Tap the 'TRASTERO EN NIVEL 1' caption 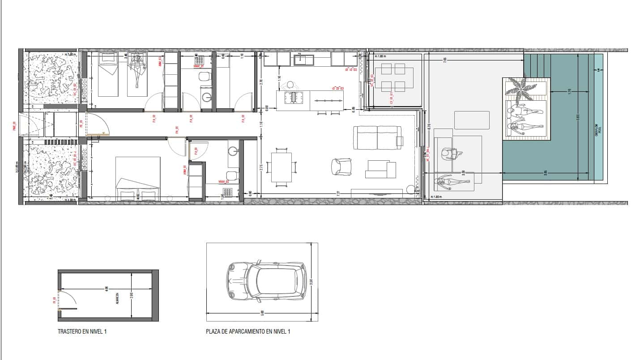pyautogui.click(x=82, y=332)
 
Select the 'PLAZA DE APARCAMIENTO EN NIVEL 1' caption pyautogui.click(x=248, y=332)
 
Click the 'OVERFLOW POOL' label pyautogui.click(x=597, y=129)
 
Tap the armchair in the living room pyautogui.click(x=341, y=167)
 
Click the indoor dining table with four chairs pyautogui.click(x=282, y=167)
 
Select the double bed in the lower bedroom pyautogui.click(x=138, y=178)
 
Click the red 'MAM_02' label pyautogui.click(x=224, y=182)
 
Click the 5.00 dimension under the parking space pyautogui.click(x=262, y=312)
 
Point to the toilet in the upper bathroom pyautogui.click(x=205, y=77)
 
